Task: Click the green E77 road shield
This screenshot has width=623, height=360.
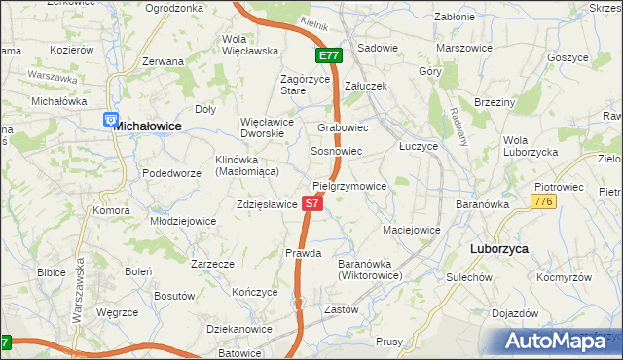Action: [x=328, y=56]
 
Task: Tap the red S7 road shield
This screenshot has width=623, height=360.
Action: [x=311, y=204]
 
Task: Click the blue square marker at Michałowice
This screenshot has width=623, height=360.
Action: [x=110, y=120]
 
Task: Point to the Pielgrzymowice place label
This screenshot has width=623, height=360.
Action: [x=350, y=186]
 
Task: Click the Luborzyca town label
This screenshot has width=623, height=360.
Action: [x=498, y=249]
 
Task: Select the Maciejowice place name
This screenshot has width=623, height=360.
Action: [x=412, y=231]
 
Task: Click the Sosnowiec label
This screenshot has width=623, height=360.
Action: [x=337, y=152]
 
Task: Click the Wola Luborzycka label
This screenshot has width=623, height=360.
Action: [x=530, y=146]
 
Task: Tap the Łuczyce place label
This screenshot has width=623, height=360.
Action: [x=420, y=145]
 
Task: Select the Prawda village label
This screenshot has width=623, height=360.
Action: [x=303, y=253]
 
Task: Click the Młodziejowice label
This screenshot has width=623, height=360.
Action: [x=183, y=221]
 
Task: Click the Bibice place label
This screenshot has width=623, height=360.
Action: [x=52, y=272]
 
